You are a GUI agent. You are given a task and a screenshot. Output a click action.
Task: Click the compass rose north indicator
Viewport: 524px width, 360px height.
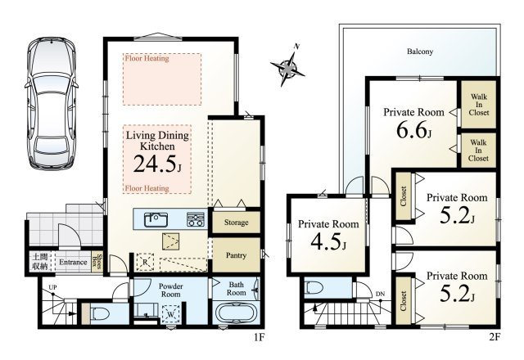click(x=287, y=68)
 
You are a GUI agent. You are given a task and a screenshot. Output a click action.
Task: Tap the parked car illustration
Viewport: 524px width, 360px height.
click(x=52, y=103)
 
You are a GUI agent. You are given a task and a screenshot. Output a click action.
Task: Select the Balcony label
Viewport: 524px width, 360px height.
click(x=420, y=52)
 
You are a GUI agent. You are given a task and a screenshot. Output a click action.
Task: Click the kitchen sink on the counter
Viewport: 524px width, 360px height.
click(x=156, y=220)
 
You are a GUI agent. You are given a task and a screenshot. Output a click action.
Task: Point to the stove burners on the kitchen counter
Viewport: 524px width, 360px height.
click(x=196, y=219)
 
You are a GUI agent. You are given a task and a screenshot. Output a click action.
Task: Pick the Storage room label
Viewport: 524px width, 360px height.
click(x=237, y=223)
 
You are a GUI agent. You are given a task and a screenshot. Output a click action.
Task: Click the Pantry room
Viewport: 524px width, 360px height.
click(x=237, y=255)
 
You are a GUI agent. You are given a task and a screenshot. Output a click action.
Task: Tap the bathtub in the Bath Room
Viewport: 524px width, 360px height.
click(x=236, y=313)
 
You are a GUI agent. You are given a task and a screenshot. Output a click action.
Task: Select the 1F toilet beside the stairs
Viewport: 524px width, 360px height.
click(x=100, y=314)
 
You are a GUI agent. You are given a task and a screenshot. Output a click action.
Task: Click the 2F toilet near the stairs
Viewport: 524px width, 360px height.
click(x=314, y=287)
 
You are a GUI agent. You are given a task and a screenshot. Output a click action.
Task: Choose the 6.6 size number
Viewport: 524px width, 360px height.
click(x=413, y=129)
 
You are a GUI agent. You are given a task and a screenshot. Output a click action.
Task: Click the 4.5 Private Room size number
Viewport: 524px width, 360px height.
click(x=328, y=241)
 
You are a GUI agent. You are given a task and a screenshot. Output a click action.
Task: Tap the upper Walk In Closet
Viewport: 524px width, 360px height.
click(x=478, y=105)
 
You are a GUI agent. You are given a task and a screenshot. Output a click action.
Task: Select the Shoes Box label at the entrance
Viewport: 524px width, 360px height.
click(x=97, y=262)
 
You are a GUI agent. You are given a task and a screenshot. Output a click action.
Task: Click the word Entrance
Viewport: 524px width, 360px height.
click(x=73, y=262)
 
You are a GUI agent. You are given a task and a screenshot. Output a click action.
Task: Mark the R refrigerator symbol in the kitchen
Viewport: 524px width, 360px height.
click(x=145, y=262)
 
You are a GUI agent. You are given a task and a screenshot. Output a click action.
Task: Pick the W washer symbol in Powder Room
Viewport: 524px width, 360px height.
click(x=171, y=314)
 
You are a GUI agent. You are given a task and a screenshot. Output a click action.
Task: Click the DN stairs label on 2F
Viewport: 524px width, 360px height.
click(x=380, y=294)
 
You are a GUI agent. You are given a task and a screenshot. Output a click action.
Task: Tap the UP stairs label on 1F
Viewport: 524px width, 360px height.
click(x=52, y=287)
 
